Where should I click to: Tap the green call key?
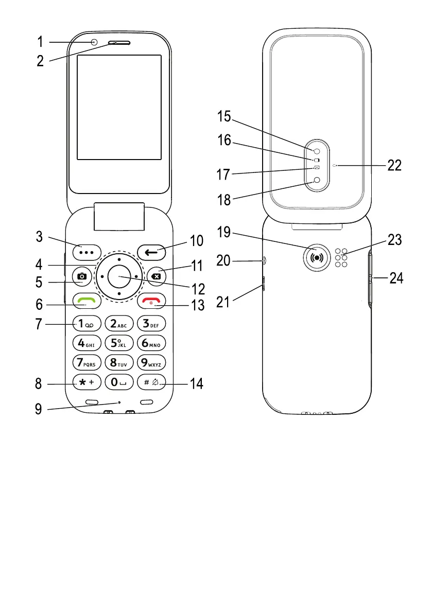(86, 300)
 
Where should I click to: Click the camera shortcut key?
(82, 276)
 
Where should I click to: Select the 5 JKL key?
(119, 343)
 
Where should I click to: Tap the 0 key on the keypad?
(119, 382)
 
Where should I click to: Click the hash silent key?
(152, 382)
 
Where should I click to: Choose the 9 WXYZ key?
(152, 362)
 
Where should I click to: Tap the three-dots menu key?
(86, 252)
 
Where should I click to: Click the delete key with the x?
(155, 276)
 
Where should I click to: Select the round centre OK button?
(119, 276)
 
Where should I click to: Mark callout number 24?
(396, 279)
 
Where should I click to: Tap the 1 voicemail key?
(86, 323)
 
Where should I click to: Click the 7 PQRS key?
(86, 362)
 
